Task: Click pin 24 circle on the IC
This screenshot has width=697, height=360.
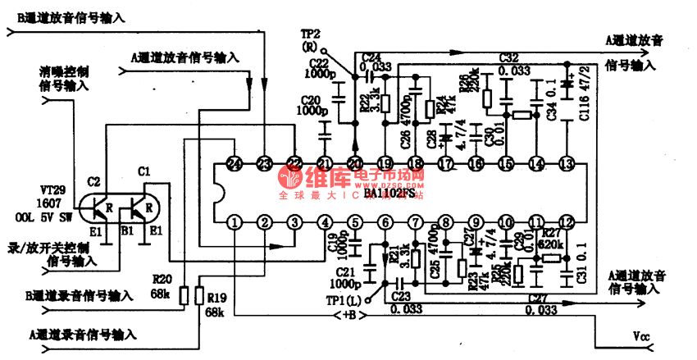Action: [235, 164]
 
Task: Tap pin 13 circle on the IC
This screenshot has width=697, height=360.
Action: [566, 164]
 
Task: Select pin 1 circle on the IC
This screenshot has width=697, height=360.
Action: [235, 222]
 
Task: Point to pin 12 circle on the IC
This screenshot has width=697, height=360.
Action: [566, 222]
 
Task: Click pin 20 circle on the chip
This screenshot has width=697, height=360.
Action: [355, 164]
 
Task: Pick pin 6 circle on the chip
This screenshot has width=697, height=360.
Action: [385, 222]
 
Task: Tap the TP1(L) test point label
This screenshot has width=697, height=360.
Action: [344, 300]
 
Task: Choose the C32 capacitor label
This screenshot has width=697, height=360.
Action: [508, 58]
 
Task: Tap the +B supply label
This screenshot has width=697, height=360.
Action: [349, 315]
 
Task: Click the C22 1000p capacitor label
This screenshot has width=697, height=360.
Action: [317, 70]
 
